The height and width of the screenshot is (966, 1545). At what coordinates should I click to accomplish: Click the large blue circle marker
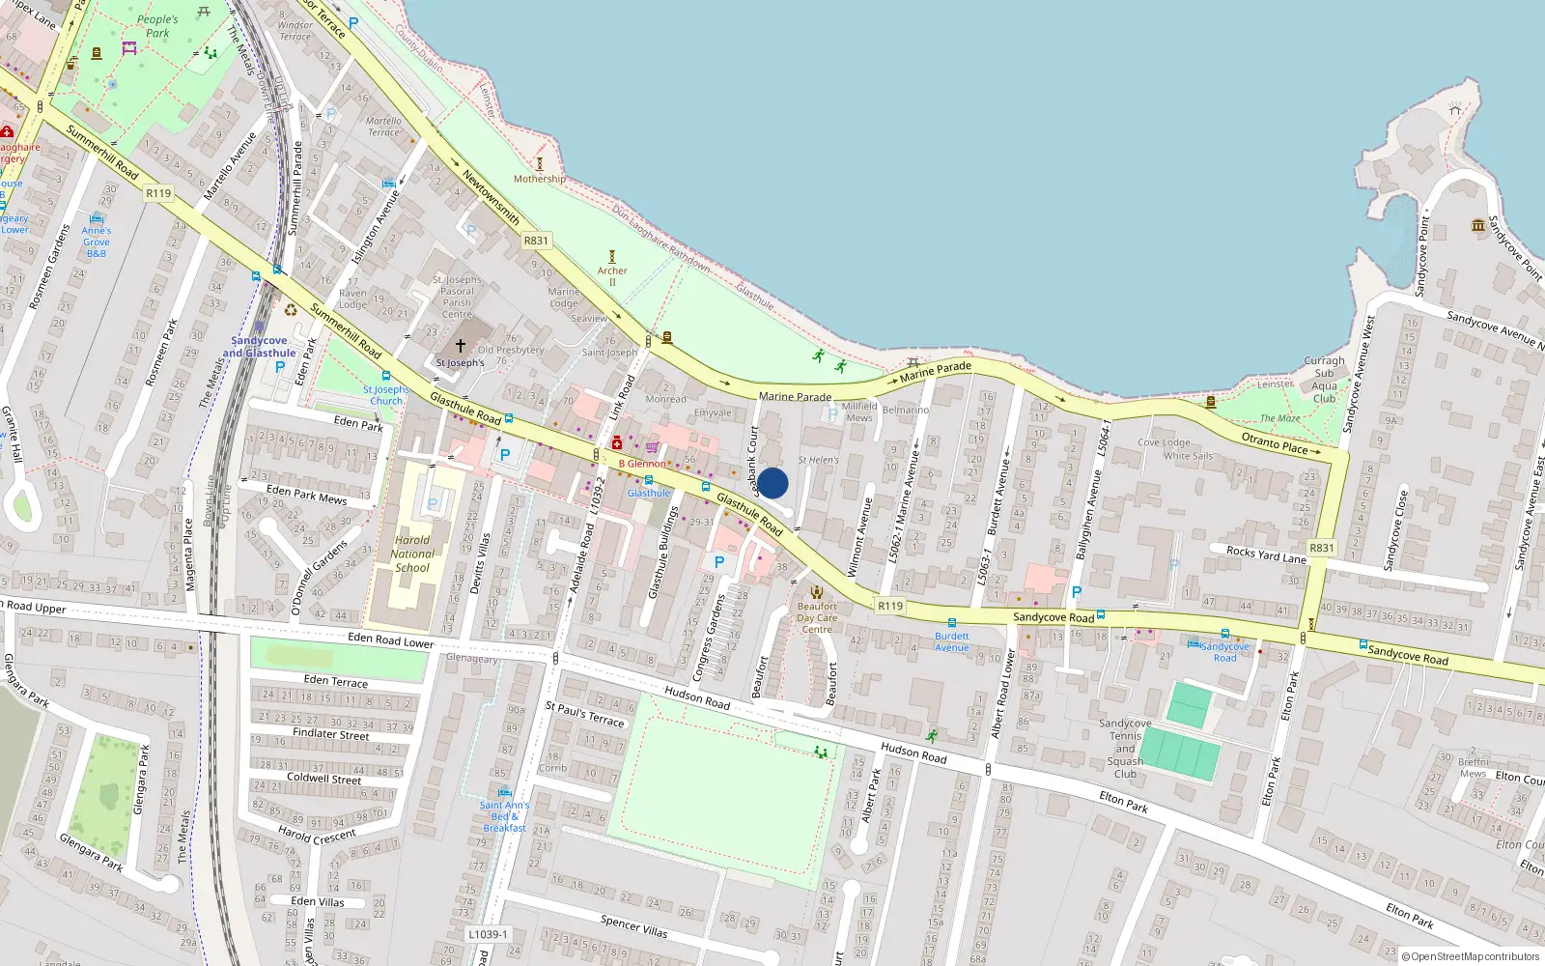[x=772, y=483]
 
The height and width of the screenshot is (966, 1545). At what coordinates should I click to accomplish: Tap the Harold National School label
[x=412, y=554]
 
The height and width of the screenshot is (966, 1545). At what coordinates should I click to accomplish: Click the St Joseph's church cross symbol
[x=461, y=345]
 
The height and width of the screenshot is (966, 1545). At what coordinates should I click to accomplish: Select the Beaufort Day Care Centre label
[x=817, y=618]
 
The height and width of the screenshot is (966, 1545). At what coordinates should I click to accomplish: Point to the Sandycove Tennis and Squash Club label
[x=1125, y=749]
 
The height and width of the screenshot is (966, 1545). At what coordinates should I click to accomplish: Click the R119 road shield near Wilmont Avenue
[x=890, y=606]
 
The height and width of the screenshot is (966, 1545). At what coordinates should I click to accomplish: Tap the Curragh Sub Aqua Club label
[x=1324, y=379]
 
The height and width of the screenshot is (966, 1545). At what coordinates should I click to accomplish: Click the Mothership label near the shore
[x=539, y=179]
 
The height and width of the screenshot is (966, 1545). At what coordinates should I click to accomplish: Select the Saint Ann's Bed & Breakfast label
[x=504, y=816]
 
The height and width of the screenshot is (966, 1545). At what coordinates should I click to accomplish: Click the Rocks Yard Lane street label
[x=1266, y=554]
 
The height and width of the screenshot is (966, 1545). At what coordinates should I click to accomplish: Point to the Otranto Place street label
[x=1275, y=443]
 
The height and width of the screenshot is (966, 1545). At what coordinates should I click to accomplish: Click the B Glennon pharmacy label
[x=642, y=464]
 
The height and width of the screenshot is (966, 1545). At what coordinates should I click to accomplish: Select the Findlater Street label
[x=330, y=734]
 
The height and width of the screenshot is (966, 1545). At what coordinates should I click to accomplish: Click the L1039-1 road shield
[x=488, y=934]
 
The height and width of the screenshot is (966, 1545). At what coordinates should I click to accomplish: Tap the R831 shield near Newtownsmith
[x=536, y=241]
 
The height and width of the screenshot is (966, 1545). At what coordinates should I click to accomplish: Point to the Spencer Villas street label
[x=633, y=925]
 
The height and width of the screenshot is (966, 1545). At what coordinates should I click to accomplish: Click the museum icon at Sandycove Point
[x=1478, y=226]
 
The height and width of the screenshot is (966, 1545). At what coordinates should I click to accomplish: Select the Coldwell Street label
[x=323, y=779]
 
